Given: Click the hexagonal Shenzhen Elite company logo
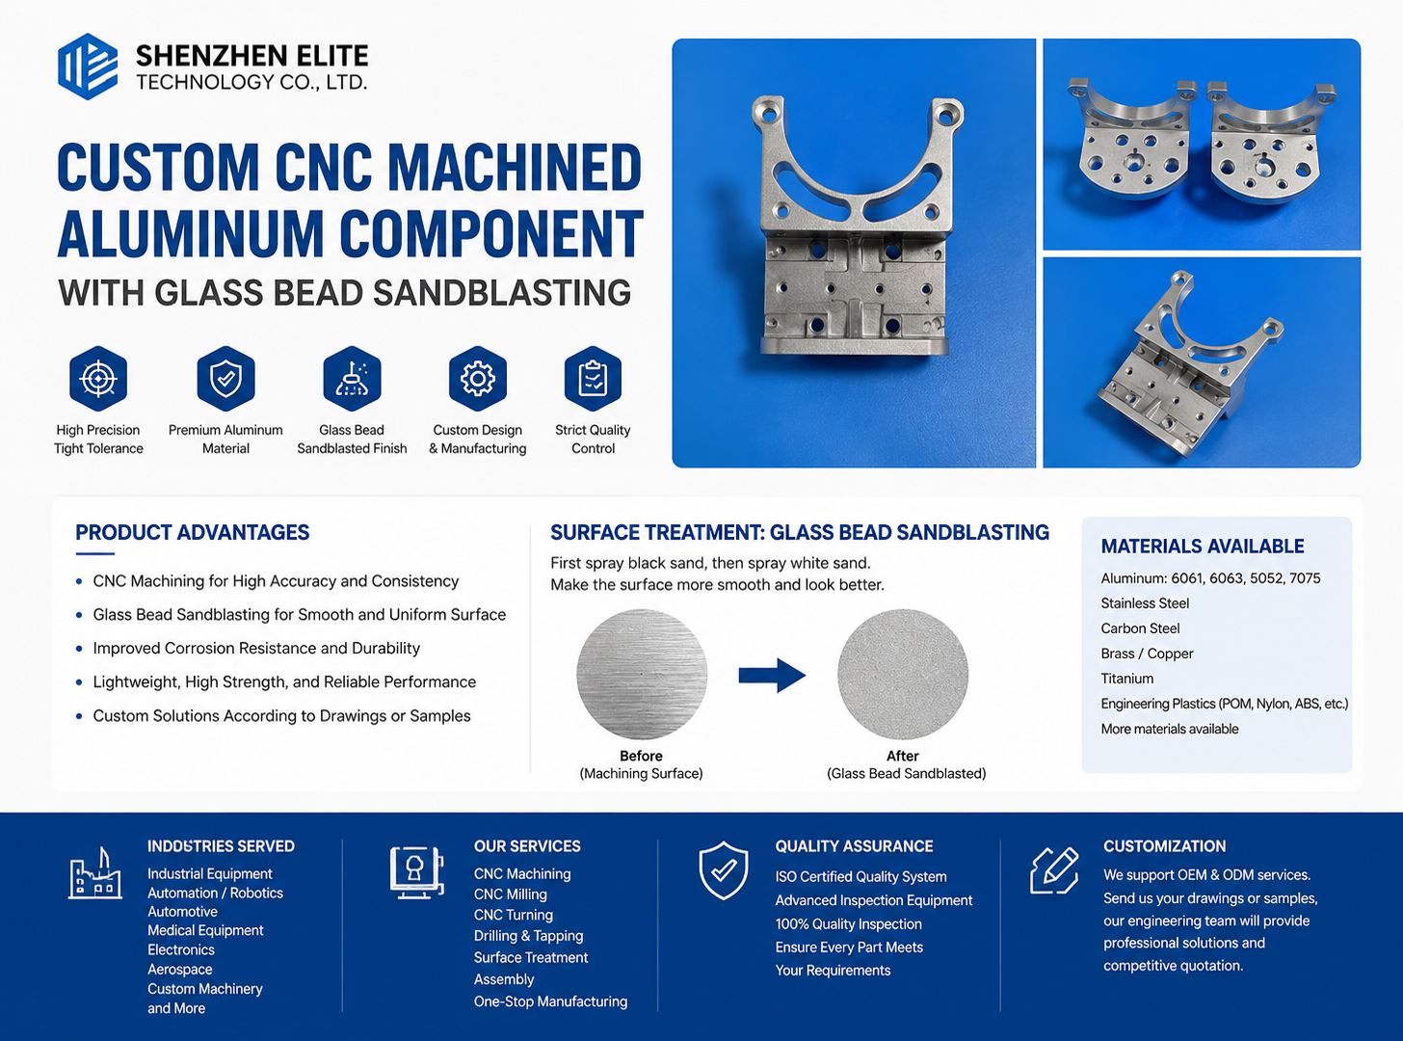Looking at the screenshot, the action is point(88,67).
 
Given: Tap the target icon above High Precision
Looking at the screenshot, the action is point(98,379).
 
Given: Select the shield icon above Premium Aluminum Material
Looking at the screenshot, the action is point(225,379).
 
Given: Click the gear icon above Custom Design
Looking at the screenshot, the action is point(478,379).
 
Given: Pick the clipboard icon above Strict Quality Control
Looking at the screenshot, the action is point(593,379).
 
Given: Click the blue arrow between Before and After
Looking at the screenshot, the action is point(773,676).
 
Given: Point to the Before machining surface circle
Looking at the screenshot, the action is point(642,674).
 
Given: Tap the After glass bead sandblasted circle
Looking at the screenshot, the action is point(903,674).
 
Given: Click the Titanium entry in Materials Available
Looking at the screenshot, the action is point(1127,679).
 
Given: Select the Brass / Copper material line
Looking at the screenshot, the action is point(1147,654).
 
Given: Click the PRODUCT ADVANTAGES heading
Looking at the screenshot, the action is point(193,532).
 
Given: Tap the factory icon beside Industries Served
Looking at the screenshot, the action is point(94,872).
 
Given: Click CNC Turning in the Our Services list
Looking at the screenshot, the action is point(513,915).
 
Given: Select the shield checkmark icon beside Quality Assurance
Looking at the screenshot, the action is point(723,870).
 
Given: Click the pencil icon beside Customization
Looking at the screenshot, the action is point(1054,870).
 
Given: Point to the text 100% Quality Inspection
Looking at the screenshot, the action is point(848,924).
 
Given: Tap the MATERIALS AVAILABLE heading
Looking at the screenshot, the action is point(1203,547).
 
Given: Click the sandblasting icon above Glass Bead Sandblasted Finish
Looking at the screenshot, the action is point(352,379).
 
